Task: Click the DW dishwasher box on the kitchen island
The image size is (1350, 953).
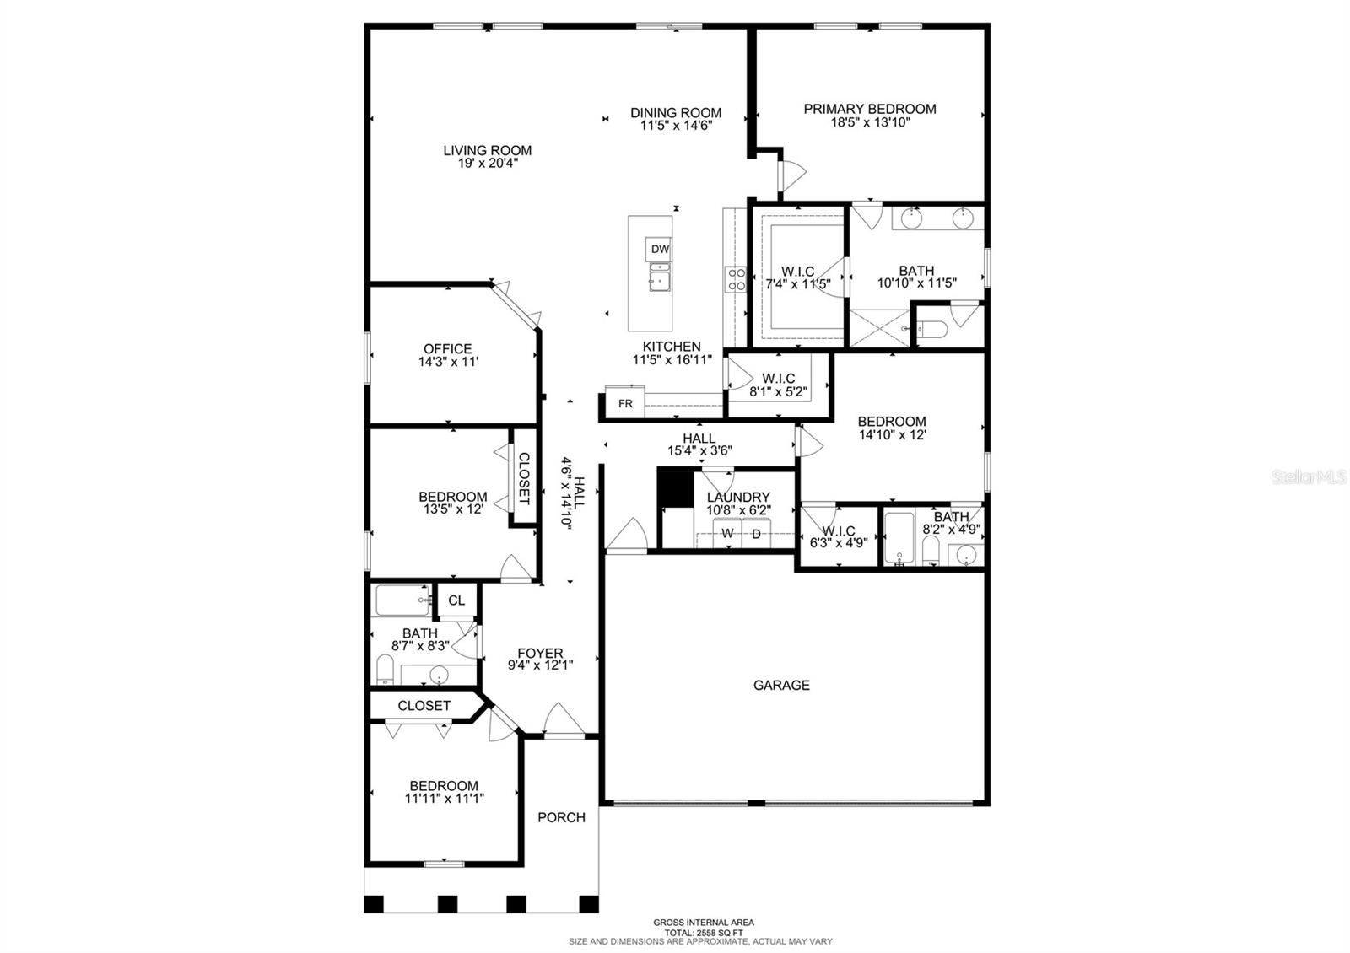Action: tap(660, 249)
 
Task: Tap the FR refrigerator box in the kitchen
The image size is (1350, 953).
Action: tap(625, 403)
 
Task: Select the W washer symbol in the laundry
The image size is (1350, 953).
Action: tap(727, 534)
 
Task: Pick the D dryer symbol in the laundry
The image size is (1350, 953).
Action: tap(756, 534)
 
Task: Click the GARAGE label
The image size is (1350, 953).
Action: tap(781, 686)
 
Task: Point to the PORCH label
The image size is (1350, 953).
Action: tap(561, 817)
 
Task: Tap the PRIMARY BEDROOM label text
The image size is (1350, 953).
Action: tap(869, 109)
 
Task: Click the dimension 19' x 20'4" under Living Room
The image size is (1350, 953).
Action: tap(488, 164)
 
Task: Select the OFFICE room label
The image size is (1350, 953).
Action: tap(447, 348)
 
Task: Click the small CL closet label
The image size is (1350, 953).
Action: tap(456, 600)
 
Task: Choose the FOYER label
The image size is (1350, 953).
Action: tap(540, 653)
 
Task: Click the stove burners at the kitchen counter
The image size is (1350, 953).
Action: tap(736, 279)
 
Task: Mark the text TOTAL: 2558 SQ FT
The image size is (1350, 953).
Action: tap(703, 932)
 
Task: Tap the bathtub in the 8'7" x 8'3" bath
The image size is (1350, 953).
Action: tap(402, 600)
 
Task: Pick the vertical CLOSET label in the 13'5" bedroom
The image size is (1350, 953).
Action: tap(523, 477)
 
